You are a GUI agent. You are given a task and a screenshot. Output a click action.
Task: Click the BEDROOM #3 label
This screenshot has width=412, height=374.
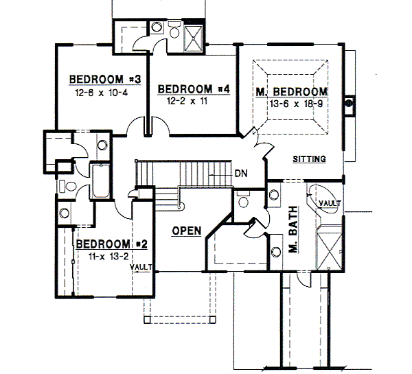(105, 79)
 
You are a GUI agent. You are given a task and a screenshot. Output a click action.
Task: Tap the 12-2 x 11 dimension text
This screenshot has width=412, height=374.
(187, 101)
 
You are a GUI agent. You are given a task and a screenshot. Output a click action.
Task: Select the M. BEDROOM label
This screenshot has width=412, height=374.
(292, 92)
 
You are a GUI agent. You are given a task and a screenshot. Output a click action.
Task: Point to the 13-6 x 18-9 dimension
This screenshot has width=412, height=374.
(296, 104)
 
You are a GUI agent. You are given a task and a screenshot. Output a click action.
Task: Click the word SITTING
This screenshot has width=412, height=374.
(309, 159)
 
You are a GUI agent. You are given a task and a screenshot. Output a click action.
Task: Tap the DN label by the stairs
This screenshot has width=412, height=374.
(241, 174)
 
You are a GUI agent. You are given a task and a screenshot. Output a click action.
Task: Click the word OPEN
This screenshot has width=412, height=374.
(187, 231)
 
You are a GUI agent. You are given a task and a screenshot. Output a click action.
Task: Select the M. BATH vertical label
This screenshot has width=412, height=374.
(293, 229)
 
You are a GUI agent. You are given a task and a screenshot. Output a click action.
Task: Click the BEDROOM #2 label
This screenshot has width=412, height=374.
(112, 244)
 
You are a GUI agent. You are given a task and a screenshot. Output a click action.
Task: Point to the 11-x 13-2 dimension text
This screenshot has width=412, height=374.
(108, 257)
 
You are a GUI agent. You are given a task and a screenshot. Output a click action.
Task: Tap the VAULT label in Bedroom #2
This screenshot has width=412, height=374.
(141, 267)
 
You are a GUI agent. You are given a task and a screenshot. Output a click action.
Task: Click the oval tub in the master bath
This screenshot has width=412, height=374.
(323, 198)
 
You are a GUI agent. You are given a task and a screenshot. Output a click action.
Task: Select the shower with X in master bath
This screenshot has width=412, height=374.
(330, 247)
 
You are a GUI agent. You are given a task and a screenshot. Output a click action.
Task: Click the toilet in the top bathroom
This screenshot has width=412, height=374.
(174, 30)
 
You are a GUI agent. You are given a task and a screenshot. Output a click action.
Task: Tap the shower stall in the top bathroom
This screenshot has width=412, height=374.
(194, 38)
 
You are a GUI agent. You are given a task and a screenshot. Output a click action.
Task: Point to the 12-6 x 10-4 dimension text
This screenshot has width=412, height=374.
(102, 93)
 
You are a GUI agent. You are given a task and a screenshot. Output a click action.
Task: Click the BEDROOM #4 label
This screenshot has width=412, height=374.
(194, 89)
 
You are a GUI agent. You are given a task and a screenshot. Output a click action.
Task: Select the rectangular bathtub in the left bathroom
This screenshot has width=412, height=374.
(100, 181)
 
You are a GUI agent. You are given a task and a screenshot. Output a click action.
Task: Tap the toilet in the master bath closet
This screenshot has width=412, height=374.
(243, 199)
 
